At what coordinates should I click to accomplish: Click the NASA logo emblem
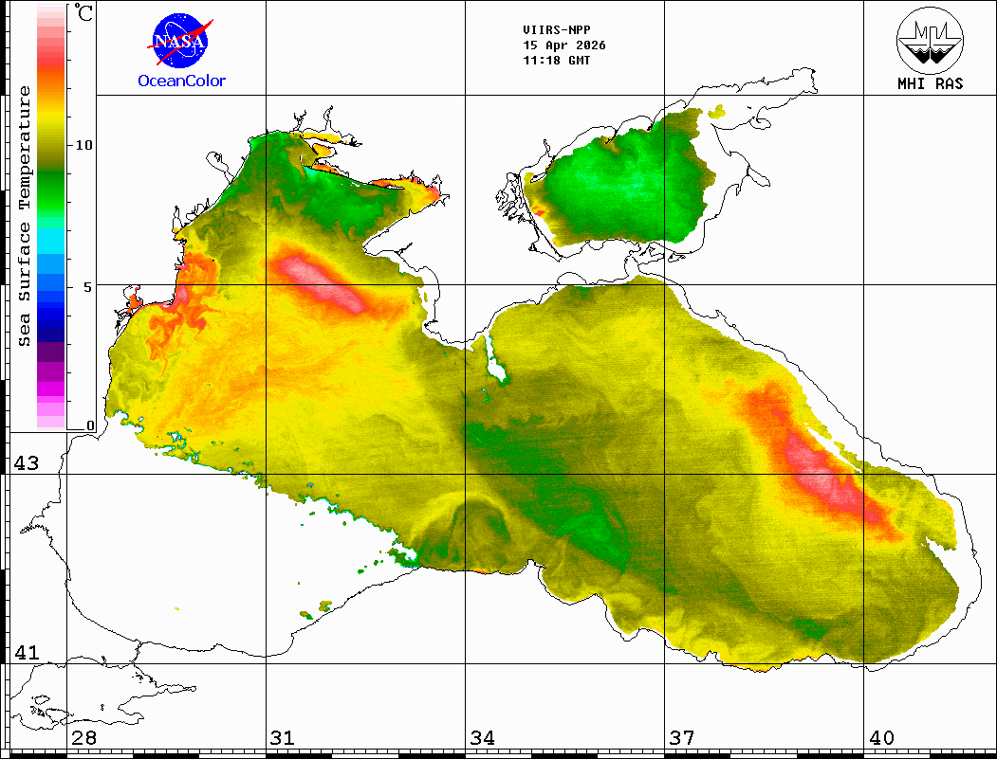(x=181, y=41)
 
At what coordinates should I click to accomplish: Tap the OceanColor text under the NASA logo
(x=182, y=81)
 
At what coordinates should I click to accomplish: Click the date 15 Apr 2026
(x=564, y=45)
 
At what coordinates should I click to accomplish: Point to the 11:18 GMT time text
(x=557, y=61)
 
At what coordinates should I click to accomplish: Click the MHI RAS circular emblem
(x=930, y=39)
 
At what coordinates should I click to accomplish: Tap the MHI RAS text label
(x=930, y=83)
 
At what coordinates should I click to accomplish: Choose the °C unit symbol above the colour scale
(x=84, y=14)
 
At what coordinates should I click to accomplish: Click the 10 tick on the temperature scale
(x=84, y=145)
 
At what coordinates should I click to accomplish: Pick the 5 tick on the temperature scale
(x=88, y=286)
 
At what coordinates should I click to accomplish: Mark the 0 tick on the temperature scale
(x=90, y=426)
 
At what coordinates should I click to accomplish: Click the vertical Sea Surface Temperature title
(x=26, y=216)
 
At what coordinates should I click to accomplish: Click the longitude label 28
(x=84, y=738)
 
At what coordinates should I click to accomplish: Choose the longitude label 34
(x=483, y=738)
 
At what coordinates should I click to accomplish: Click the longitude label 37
(x=682, y=738)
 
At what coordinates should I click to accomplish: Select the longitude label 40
(x=881, y=738)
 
